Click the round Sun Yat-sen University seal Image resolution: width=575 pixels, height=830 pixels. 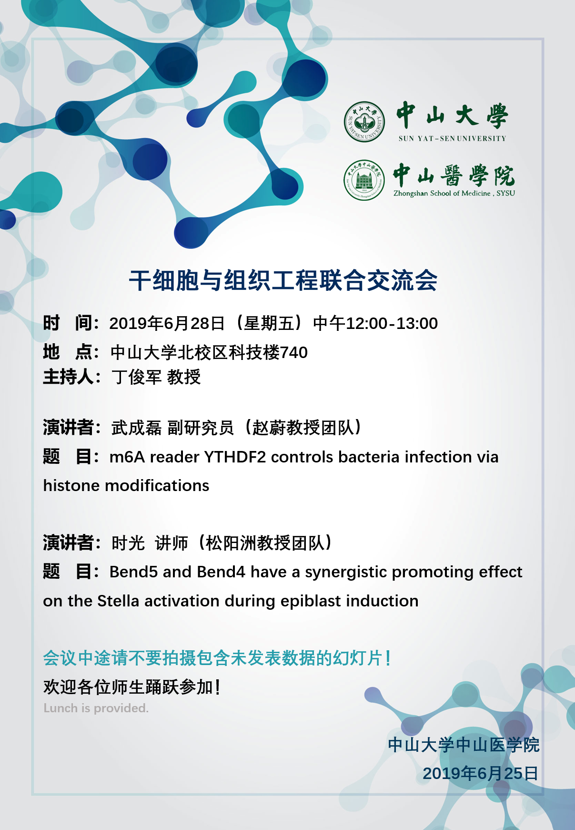(364, 122)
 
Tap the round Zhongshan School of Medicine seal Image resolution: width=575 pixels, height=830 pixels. (364, 180)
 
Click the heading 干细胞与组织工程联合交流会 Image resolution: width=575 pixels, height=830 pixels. (283, 280)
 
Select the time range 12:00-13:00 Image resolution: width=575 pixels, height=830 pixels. (392, 324)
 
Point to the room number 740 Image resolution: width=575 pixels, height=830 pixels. (294, 353)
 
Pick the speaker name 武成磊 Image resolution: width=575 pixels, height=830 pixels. (137, 428)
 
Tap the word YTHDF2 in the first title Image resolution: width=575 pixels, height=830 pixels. (235, 457)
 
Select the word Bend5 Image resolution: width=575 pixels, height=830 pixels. (133, 572)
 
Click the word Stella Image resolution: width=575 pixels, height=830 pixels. (118, 601)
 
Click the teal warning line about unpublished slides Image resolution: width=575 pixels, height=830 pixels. (217, 658)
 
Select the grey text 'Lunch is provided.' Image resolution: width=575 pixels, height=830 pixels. (96, 708)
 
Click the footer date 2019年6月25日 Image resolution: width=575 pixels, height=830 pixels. (480, 773)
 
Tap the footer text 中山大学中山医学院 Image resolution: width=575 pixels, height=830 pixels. (464, 745)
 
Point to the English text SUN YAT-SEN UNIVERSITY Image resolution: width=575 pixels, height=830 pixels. (452, 139)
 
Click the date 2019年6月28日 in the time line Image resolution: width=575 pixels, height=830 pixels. (167, 324)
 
